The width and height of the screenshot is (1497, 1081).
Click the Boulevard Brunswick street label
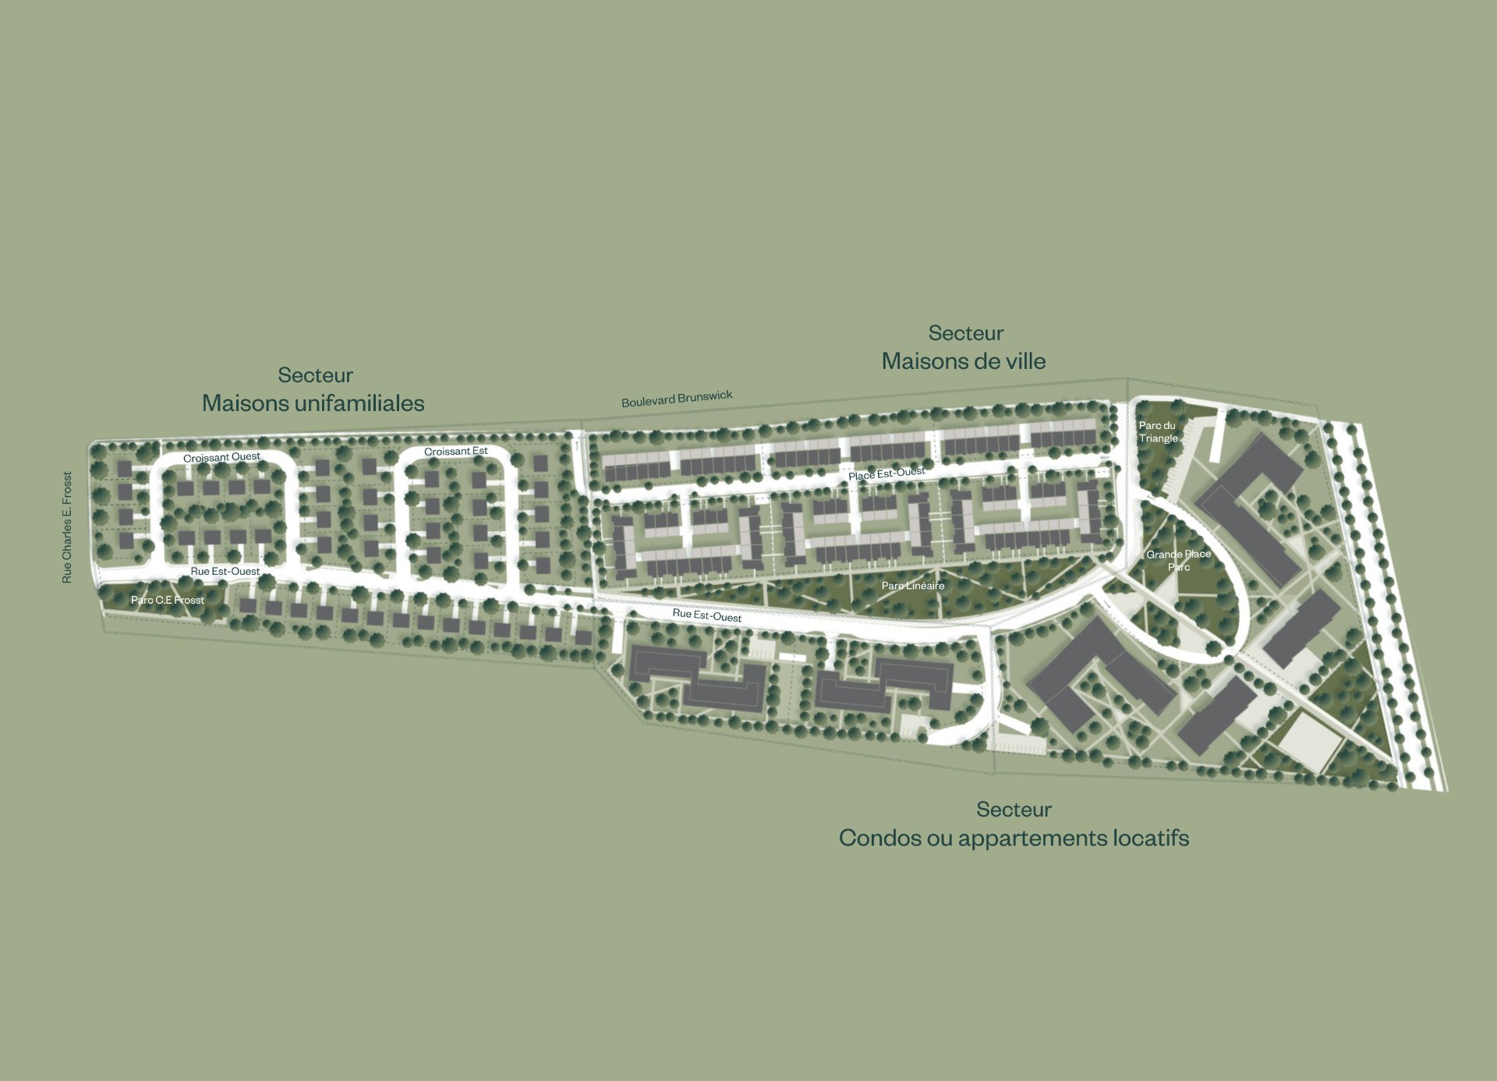coord(677,399)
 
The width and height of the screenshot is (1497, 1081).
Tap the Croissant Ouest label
coord(221,457)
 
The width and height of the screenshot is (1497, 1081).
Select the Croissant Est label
coord(456,452)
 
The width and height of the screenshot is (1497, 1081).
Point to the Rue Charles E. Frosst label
coord(67,527)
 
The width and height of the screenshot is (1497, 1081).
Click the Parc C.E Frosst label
coord(168,600)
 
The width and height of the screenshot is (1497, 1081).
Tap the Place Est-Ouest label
coord(887,473)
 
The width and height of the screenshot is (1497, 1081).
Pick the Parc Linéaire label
coord(912,586)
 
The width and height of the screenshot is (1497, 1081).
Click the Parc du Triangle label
coord(1158,431)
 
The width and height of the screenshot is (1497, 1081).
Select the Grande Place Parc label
coord(1178,560)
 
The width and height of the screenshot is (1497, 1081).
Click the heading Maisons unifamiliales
coord(313,403)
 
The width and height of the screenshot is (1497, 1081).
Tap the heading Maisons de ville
coord(964,361)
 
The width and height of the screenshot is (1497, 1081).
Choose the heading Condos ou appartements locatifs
coord(1014,838)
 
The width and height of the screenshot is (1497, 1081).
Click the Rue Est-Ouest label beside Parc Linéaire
coord(707,615)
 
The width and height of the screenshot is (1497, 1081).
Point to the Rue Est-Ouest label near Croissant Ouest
coord(225,572)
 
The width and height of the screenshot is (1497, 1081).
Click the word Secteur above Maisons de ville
coord(966,333)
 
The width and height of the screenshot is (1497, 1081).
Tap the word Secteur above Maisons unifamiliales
coord(316,375)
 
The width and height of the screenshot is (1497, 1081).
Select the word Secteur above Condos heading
coord(1014,810)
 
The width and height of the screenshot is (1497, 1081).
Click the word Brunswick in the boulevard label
coord(706,396)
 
